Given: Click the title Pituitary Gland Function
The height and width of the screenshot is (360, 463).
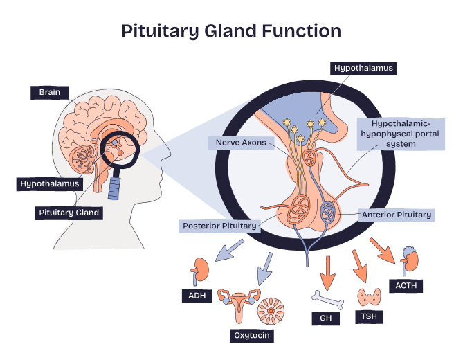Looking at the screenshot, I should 231,31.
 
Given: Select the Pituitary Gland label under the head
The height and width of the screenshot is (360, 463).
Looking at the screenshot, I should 69,213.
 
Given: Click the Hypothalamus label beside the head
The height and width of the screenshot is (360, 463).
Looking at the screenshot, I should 49,184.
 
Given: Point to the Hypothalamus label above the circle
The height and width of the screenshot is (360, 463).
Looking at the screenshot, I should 363,69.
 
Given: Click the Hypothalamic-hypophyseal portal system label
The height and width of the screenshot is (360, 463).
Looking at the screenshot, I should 394,134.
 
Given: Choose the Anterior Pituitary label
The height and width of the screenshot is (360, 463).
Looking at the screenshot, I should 397,215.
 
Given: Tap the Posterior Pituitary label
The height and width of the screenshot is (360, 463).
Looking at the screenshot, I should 219,226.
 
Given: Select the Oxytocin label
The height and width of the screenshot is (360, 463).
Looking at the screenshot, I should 251,336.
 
